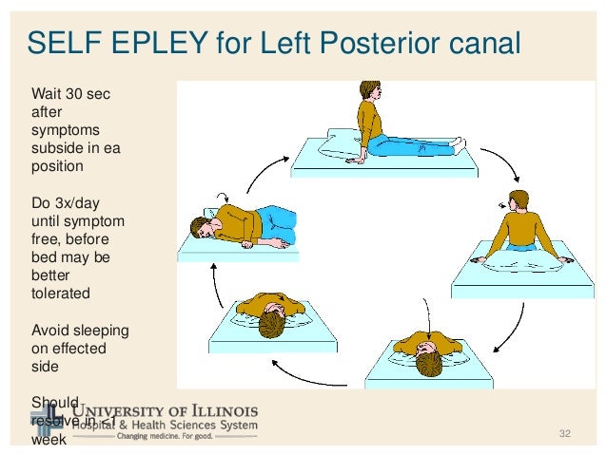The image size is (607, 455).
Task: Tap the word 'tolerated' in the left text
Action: point(61,293)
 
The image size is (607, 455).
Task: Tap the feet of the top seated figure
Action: point(460,143)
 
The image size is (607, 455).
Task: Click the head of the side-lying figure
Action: point(202,227)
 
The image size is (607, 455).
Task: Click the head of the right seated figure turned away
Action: point(517,202)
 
